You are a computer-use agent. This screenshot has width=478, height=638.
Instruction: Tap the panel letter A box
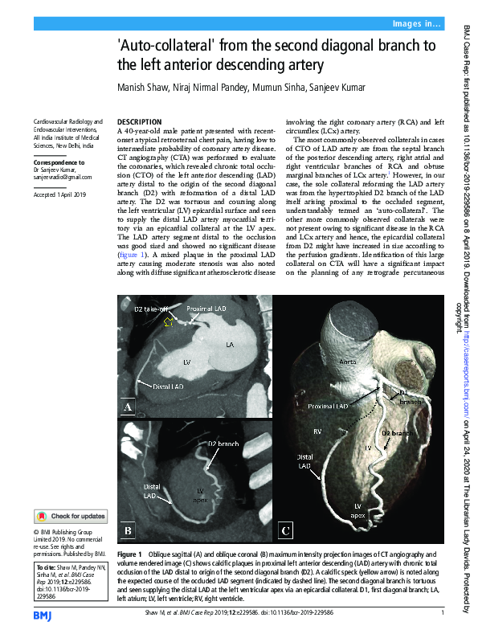coord(127,407)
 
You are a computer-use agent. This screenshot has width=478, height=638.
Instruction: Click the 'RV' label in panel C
coord(317,431)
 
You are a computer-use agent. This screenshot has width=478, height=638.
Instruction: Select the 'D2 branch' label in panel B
coord(224,444)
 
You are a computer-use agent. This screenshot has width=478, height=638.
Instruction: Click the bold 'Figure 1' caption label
coord(129,554)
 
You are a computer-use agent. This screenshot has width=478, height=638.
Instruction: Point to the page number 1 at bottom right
coord(443,615)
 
